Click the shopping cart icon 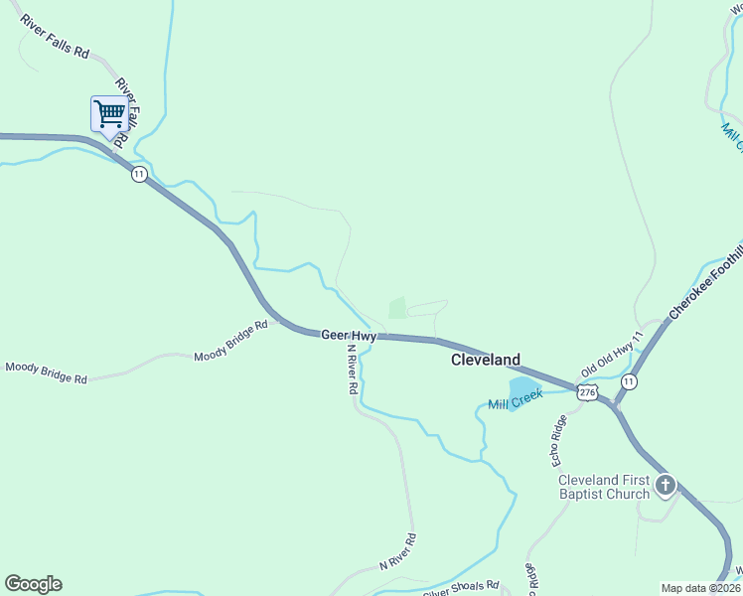point(108,113)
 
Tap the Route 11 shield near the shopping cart point(139,174)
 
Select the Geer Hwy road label point(348,336)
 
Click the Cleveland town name point(486,360)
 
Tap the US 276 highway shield point(587,393)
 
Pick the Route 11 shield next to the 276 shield point(629,381)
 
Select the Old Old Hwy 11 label point(613,352)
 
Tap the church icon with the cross point(665,486)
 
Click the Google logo point(33,584)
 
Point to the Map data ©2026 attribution point(700,588)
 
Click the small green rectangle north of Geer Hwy point(397,308)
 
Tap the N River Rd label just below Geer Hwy point(351,371)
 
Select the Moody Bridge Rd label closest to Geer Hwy point(231,341)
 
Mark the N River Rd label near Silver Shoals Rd point(397,553)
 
